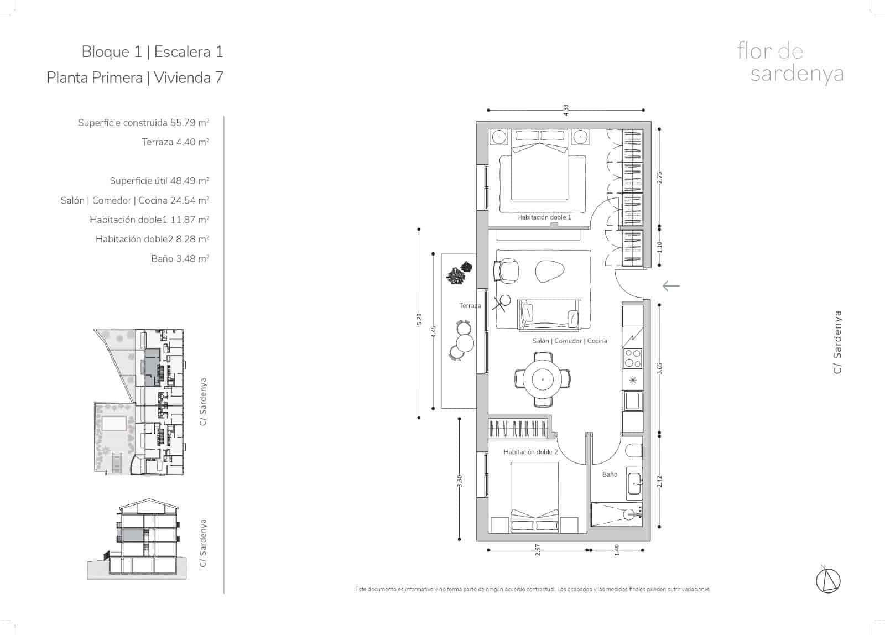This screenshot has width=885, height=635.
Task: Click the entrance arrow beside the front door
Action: (671, 285)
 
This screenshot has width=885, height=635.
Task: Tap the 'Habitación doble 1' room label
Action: (544, 217)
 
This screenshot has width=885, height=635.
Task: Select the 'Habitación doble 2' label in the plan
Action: (530, 452)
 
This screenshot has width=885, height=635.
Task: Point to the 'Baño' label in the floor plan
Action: (610, 475)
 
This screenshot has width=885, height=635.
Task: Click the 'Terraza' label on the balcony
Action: (470, 305)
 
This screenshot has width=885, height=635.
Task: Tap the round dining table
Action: (543, 379)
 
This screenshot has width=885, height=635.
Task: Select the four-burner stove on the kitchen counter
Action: (632, 358)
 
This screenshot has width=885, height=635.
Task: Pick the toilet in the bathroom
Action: (633, 451)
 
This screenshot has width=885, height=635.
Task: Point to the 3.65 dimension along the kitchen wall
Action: (659, 368)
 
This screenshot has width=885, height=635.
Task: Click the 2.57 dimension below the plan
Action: (537, 550)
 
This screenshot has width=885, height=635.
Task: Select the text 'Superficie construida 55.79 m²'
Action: (143, 123)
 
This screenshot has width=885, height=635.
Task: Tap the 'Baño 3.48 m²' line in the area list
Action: (180, 258)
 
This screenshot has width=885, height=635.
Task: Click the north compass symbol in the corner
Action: (828, 579)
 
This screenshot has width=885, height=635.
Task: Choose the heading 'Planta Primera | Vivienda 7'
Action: (135, 77)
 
